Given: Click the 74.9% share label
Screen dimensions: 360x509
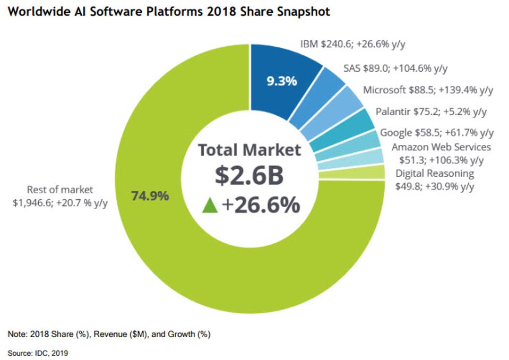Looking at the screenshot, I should coord(150,196).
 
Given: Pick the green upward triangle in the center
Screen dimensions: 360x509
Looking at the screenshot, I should coord(210,205).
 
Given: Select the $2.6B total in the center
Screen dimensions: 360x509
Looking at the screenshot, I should coord(249,176).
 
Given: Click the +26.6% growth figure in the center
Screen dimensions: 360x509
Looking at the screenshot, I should coord(261,205).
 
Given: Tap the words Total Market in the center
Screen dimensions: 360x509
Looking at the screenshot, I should coord(249,150).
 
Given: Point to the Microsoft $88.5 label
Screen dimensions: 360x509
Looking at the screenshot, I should coord(428,90).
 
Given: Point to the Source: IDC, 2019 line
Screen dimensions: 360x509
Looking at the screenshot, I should coord(38,352).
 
